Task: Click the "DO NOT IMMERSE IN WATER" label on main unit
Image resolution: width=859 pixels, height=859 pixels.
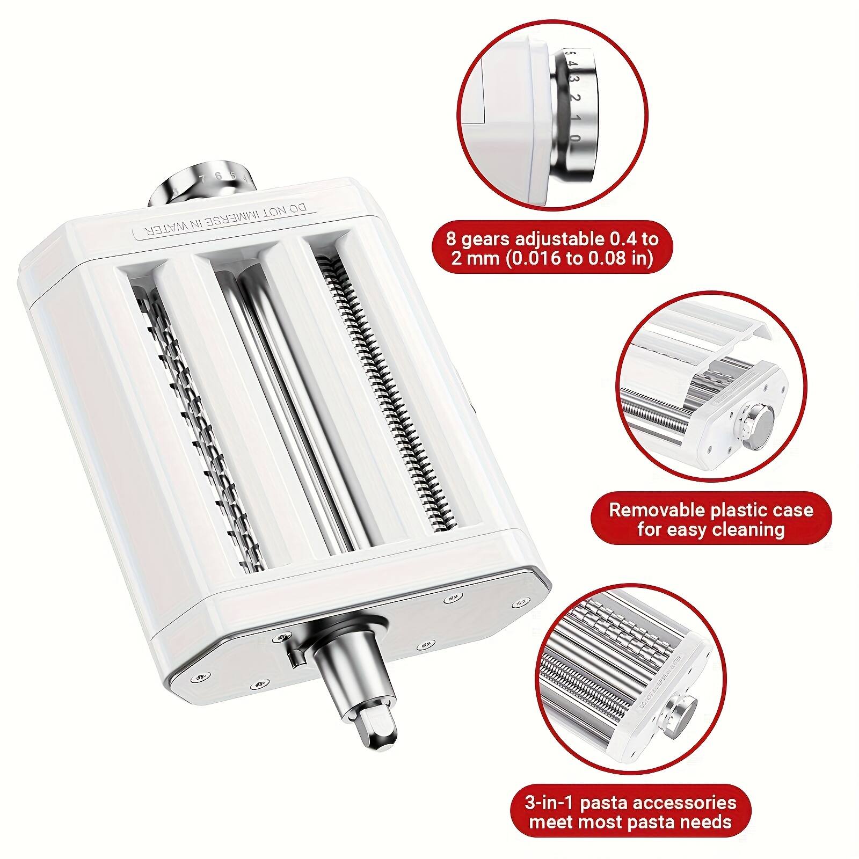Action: (225, 221)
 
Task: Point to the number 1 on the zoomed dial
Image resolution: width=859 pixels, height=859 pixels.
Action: (574, 119)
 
